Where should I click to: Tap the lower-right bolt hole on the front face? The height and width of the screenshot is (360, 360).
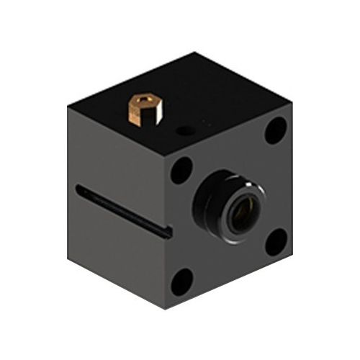coord(275,241)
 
